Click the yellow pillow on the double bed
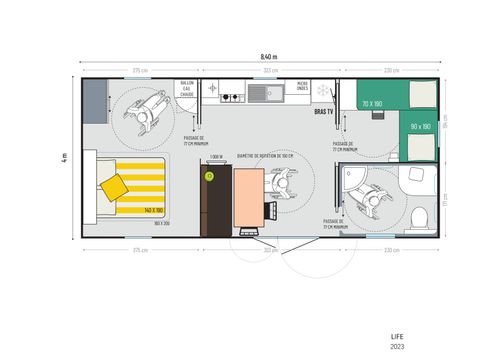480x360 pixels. (114, 186)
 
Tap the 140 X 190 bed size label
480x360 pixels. (153, 210)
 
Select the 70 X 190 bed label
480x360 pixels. (372, 103)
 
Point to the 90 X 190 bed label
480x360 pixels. (419, 127)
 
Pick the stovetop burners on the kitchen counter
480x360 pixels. (231, 98)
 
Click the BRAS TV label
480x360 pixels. (323, 113)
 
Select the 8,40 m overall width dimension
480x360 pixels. (263, 57)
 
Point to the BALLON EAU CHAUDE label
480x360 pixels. (187, 89)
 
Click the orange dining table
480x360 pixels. (247, 200)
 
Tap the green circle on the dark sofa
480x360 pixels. (209, 176)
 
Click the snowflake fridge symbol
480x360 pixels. (322, 91)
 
